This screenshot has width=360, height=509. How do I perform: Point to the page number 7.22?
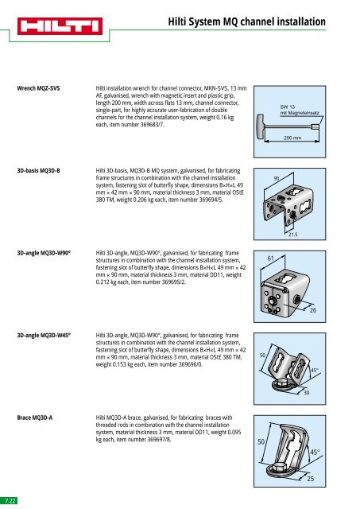click(10, 501)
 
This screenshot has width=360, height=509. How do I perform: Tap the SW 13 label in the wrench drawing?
click(287, 105)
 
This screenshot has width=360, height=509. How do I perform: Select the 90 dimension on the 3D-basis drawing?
click(277, 178)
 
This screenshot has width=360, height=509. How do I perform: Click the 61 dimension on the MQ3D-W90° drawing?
click(271, 258)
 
